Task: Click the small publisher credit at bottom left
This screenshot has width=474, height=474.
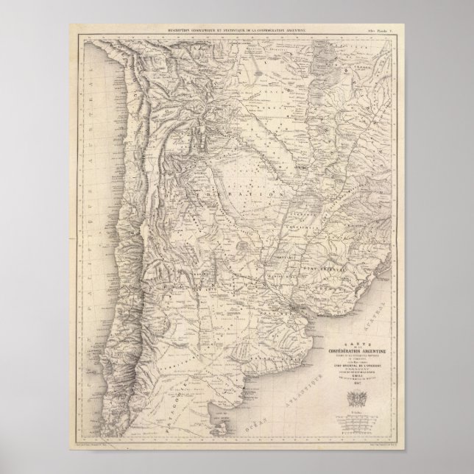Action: [110, 446]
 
